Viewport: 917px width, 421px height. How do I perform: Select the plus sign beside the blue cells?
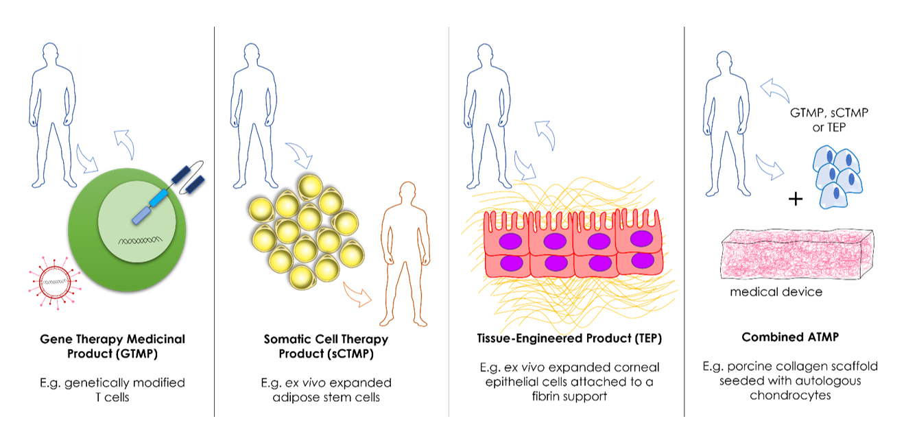tap(796, 200)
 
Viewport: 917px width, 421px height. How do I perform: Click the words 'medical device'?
tap(776, 292)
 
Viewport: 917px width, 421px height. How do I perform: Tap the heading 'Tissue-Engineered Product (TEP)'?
tap(569, 339)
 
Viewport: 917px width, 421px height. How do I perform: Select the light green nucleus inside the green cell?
tap(141, 219)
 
